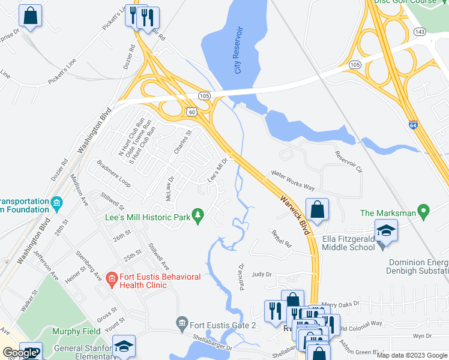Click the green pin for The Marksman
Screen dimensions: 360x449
(x=424, y=212)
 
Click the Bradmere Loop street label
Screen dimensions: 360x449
(x=113, y=173)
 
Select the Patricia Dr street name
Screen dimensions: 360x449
(x=243, y=277)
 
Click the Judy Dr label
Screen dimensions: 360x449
(x=262, y=274)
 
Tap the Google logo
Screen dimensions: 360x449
(x=19, y=353)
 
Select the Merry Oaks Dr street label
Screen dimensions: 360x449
(x=340, y=304)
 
